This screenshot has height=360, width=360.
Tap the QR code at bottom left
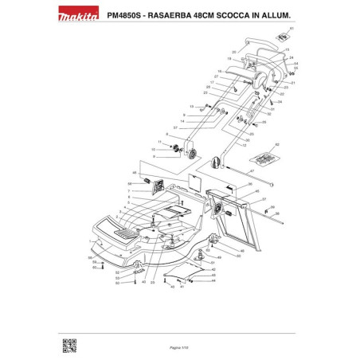(69, 344)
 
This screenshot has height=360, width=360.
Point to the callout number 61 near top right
(292, 29)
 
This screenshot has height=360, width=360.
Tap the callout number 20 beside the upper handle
(233, 52)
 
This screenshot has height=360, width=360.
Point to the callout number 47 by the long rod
(251, 170)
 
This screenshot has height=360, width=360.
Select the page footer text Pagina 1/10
(179, 338)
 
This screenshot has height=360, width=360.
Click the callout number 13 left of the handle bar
(192, 105)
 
